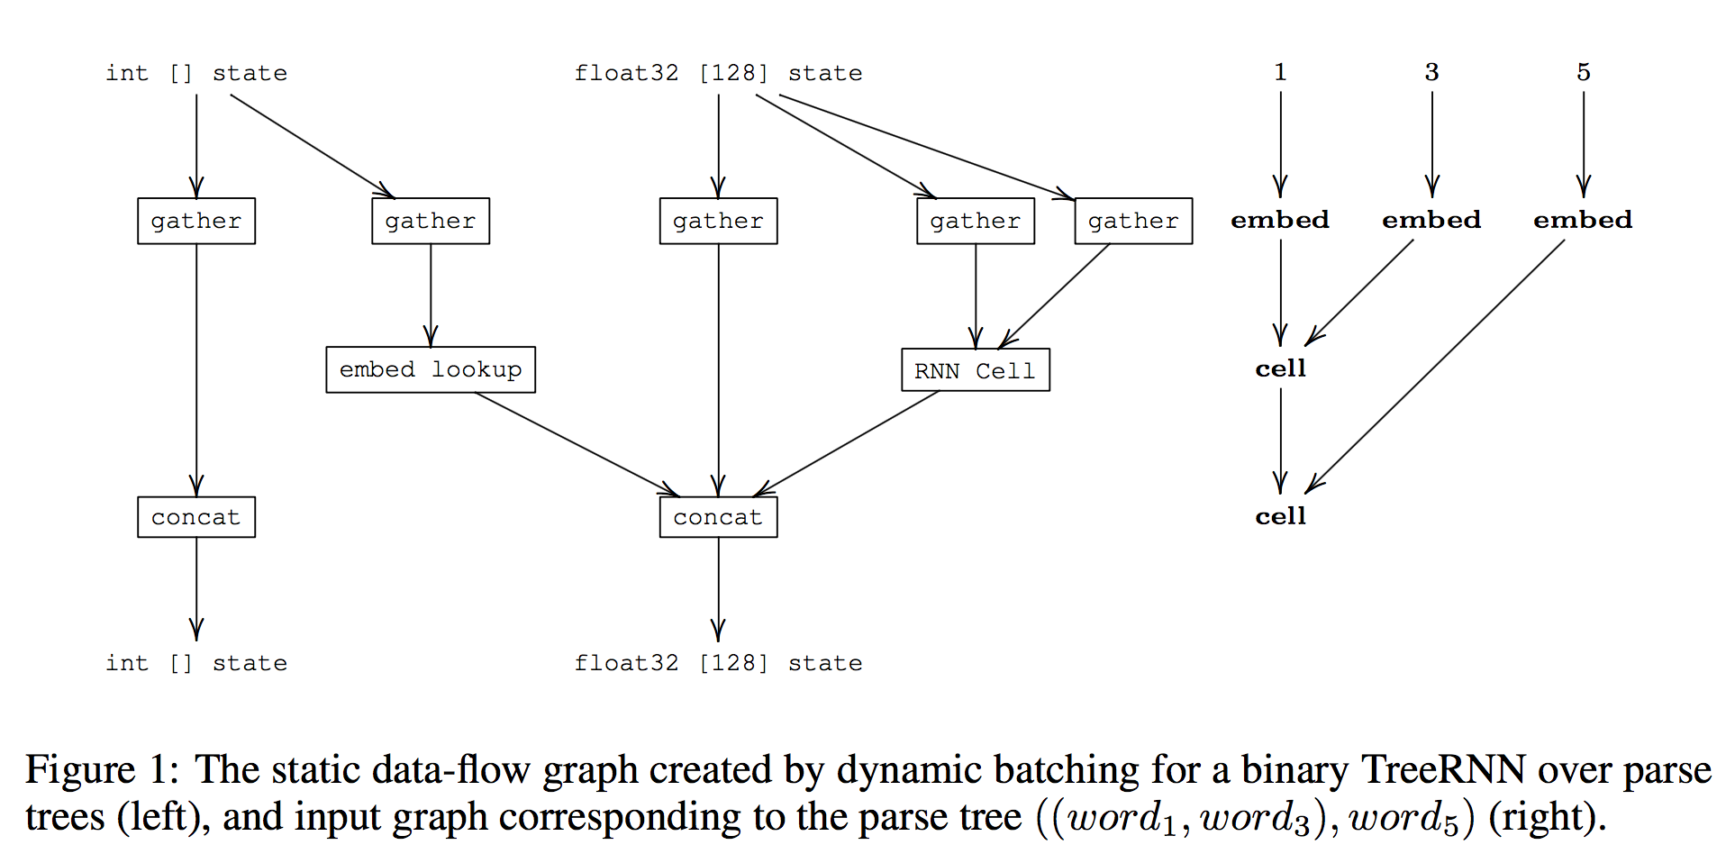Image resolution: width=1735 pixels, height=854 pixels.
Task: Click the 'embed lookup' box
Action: coord(431,369)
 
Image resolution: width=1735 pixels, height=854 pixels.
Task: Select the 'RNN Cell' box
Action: coord(975,370)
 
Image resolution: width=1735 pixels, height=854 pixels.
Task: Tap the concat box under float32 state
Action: coord(718,517)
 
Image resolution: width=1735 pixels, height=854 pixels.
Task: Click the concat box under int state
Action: coord(196,517)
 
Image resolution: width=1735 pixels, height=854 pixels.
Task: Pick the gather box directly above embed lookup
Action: coord(431,221)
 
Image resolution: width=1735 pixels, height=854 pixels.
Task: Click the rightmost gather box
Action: coord(1133,221)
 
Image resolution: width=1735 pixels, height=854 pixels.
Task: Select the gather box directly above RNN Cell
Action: coord(975,221)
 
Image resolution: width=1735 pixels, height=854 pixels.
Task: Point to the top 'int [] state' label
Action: coord(196,73)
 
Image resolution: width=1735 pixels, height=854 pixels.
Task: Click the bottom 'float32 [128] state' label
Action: coord(718,663)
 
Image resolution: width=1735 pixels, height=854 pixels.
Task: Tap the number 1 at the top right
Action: coord(1280,72)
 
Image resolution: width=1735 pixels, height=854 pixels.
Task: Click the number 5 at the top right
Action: coord(1584,72)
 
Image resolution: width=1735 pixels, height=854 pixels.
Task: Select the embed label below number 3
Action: coord(1431,220)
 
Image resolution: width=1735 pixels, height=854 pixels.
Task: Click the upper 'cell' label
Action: coord(1280,368)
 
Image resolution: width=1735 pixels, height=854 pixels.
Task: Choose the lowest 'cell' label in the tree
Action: coord(1280,516)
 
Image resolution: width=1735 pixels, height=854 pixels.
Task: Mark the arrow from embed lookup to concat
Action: coord(577,444)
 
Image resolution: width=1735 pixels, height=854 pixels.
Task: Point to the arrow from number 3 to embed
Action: coord(1432,144)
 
